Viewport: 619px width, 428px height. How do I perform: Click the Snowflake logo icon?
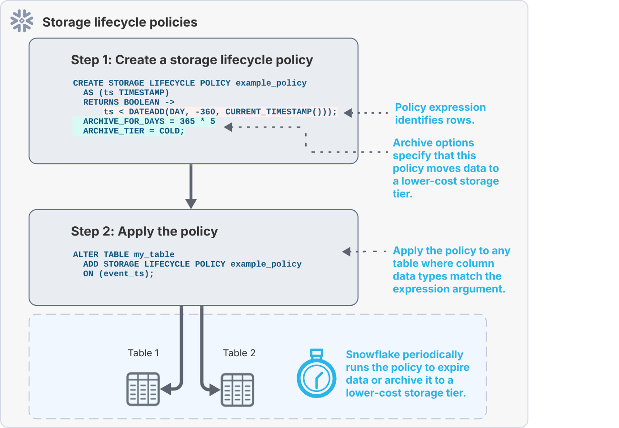(22, 21)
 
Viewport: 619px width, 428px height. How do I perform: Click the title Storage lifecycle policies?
(120, 22)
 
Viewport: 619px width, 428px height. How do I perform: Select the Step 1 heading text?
(192, 60)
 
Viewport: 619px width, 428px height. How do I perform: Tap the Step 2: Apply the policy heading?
(144, 231)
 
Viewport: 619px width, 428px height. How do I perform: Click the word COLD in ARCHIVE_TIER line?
(171, 131)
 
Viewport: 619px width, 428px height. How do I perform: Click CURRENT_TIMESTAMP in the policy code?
(269, 112)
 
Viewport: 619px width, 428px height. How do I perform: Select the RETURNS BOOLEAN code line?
(129, 102)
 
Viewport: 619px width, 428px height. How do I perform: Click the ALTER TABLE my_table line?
(124, 254)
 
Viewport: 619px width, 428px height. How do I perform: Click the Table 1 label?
(143, 353)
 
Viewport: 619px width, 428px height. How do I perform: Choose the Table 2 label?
(239, 353)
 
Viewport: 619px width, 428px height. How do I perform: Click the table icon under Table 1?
(142, 389)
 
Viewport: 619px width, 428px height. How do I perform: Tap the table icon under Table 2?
(237, 389)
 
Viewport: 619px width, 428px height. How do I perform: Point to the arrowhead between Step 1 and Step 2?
(191, 203)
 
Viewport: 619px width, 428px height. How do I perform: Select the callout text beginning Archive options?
(446, 168)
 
